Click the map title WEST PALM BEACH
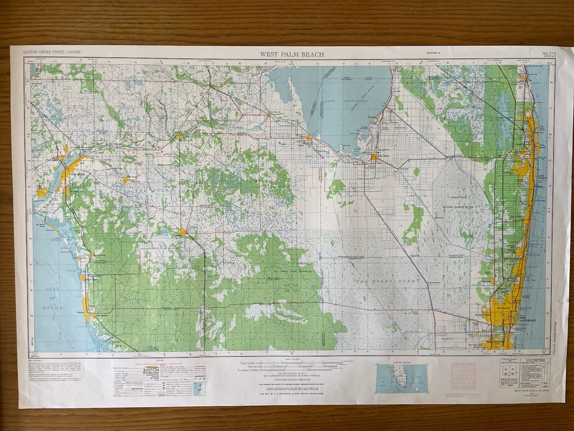[292, 54]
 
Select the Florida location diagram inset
[401, 377]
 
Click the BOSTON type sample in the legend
[151, 371]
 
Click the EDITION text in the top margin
[433, 54]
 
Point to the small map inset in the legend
[199, 388]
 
